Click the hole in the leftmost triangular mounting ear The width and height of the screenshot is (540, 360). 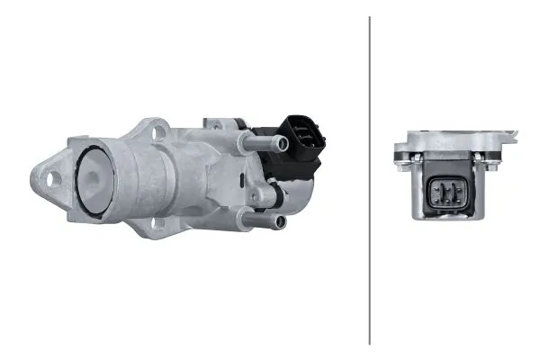pyautogui.click(x=49, y=177)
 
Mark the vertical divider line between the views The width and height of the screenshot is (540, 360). pyautogui.click(x=370, y=180)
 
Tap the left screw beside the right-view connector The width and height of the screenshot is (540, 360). pyautogui.click(x=401, y=161)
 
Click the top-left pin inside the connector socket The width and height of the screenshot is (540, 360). pyautogui.click(x=440, y=185)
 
